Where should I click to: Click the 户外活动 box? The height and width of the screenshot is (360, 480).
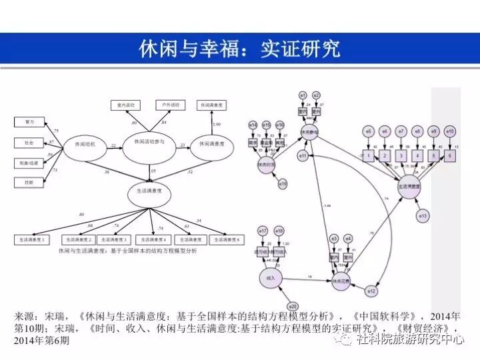[170, 105]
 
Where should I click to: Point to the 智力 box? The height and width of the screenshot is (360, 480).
[30, 122]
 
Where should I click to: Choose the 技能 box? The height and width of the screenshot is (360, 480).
[30, 182]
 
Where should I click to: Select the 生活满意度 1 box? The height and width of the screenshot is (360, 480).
[33, 239]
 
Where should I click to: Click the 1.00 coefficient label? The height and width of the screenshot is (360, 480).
[215, 125]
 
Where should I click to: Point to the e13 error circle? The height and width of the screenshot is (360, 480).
[423, 215]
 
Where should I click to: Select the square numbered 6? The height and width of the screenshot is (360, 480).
[450, 156]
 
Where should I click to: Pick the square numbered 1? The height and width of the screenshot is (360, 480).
[368, 156]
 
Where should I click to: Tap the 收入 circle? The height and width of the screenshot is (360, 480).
[271, 277]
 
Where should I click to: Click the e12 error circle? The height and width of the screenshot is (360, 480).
[372, 291]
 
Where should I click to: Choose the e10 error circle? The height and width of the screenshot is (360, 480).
[450, 131]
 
